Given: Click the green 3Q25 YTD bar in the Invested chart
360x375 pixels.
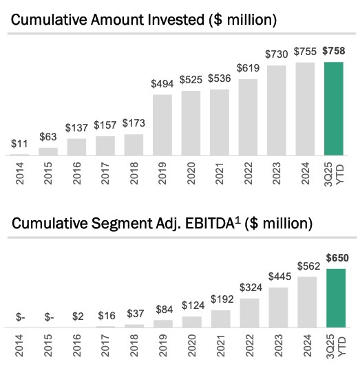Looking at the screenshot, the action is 334,109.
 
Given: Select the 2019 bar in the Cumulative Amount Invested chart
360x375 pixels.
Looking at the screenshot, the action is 162,125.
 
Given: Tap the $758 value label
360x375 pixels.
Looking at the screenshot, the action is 334,51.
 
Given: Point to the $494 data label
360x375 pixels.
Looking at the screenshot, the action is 162,84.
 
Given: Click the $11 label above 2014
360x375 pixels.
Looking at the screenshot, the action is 19,144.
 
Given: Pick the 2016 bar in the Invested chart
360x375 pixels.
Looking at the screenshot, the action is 77,147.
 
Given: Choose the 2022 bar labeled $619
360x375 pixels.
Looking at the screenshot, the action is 248,118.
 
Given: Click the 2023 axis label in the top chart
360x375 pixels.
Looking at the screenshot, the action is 277,173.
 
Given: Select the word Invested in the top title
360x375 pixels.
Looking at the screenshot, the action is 176,20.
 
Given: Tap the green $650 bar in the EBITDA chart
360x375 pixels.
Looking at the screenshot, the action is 336,298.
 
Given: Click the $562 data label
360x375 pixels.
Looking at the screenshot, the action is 308,266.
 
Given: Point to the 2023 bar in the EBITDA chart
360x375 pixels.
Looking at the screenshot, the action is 278,308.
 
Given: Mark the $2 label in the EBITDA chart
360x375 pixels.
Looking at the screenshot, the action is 78,317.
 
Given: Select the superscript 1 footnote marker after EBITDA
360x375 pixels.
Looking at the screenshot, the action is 237,220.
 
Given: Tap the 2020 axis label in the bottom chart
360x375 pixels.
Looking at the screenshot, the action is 191,345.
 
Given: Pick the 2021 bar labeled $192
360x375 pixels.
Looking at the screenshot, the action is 221,319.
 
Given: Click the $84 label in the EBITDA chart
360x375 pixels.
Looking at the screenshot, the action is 165,310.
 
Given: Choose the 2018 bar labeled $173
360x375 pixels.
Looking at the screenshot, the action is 134,145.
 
